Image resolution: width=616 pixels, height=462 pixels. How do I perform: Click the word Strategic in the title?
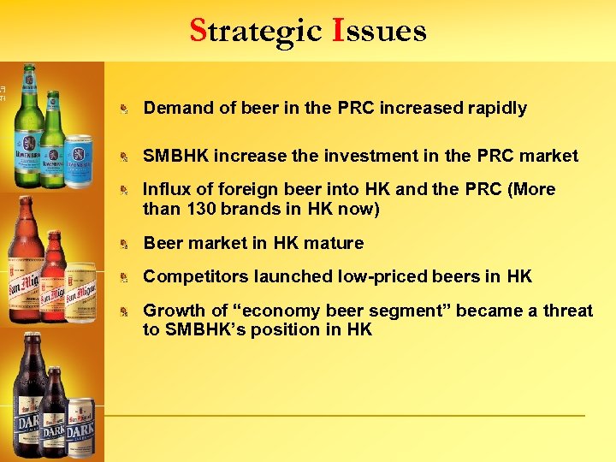[x=254, y=31]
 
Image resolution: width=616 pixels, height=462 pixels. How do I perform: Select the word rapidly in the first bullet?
[x=497, y=109]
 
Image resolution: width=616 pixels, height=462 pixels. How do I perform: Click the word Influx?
[x=167, y=189]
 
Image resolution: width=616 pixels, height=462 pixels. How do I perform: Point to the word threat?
[x=564, y=311]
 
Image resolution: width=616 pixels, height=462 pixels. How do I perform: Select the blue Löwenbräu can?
[x=78, y=161]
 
